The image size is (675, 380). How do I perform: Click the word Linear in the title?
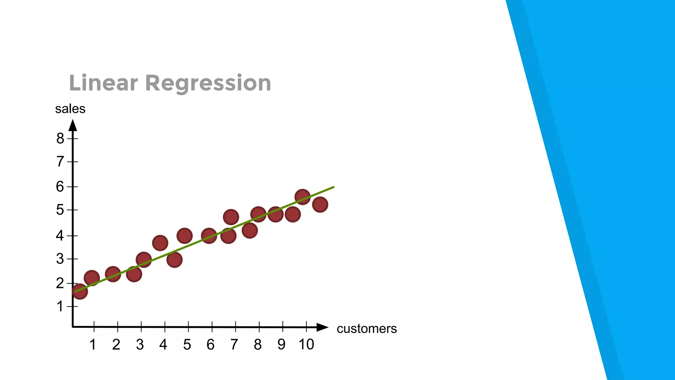(103, 83)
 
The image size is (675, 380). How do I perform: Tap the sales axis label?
(70, 109)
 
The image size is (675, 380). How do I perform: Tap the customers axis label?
(367, 329)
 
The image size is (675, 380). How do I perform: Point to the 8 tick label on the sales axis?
(60, 138)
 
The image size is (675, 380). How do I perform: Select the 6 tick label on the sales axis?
(60, 187)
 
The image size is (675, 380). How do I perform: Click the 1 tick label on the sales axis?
(60, 306)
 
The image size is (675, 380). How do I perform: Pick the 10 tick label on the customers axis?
(306, 344)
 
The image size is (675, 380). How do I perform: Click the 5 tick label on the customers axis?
(187, 345)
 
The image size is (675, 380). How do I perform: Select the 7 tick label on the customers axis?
(234, 345)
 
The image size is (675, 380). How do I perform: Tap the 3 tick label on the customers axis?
(140, 345)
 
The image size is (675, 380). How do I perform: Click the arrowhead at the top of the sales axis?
(73, 125)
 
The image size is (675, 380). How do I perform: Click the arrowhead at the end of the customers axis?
(322, 327)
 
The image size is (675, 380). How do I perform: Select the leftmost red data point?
(79, 291)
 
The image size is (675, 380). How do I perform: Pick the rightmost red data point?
(320, 205)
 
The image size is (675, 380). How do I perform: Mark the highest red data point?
(302, 197)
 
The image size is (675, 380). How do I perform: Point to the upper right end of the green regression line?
(333, 187)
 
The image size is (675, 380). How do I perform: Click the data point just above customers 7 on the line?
(228, 236)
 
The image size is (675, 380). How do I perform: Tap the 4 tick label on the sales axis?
(60, 236)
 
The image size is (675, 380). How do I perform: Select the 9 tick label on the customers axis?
(281, 345)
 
